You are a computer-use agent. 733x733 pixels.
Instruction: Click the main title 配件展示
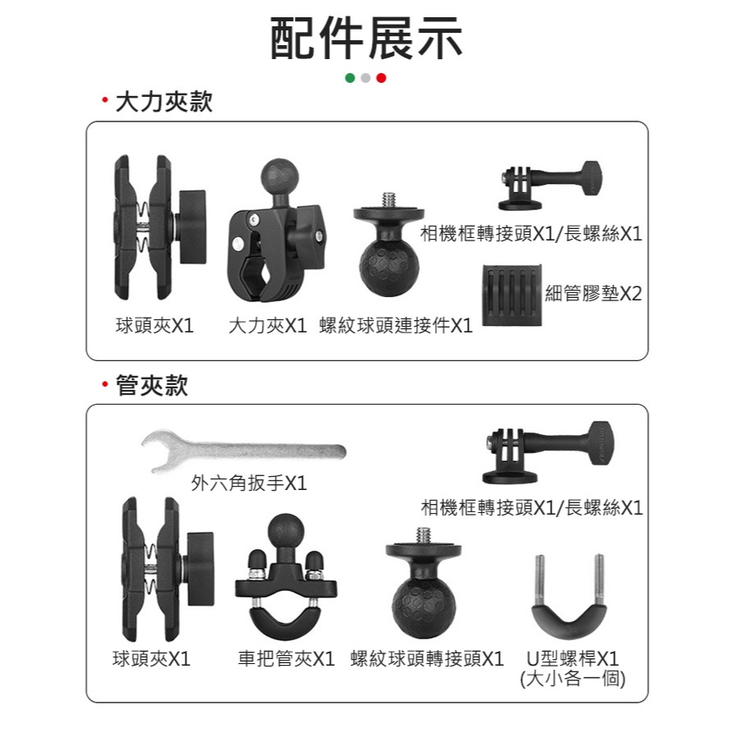point(366,39)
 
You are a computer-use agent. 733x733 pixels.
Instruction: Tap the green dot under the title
point(350,78)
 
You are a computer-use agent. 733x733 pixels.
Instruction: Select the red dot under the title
point(382,78)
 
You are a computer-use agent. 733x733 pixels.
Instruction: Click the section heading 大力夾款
point(163,102)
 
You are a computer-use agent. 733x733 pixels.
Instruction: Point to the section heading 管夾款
point(152,385)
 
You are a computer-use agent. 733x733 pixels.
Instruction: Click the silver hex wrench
point(244,451)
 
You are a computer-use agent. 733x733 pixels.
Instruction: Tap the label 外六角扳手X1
point(249,483)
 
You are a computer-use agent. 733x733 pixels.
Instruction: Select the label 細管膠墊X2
point(593,293)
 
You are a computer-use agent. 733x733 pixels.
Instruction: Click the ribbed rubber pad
point(512,295)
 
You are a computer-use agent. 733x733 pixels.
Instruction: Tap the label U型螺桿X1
point(573,658)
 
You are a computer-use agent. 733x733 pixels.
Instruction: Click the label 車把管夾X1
point(286,658)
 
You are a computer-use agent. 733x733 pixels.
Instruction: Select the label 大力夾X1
point(268,325)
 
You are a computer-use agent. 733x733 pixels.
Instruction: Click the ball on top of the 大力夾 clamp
point(280,176)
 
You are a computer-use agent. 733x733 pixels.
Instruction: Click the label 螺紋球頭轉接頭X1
point(427,658)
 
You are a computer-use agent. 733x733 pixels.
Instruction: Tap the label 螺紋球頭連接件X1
point(396,325)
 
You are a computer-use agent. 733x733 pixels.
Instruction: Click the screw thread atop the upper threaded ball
point(389,199)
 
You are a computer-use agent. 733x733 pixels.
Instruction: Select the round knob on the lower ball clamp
point(200,569)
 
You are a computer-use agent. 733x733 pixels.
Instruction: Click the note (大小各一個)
point(573,678)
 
